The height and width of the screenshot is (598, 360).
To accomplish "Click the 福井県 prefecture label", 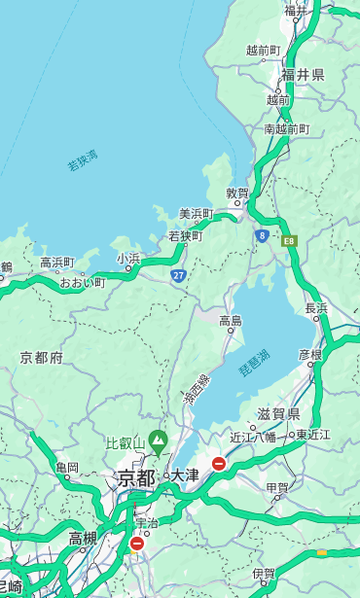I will click(x=303, y=75).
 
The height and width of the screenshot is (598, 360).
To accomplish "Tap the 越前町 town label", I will click(x=263, y=51).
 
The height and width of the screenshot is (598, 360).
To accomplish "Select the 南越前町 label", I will click(x=286, y=128).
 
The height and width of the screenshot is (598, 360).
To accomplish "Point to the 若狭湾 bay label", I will click(x=83, y=160).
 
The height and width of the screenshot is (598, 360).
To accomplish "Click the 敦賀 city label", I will click(x=237, y=193).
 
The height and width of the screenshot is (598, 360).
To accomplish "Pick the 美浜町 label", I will click(x=196, y=214).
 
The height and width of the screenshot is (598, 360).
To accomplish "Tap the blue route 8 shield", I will click(x=262, y=235).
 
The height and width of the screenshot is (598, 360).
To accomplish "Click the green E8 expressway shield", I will click(x=288, y=238).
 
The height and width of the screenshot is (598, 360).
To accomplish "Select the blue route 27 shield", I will click(x=178, y=275).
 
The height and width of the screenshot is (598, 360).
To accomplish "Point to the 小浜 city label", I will click(x=128, y=259).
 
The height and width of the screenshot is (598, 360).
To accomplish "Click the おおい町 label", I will click(x=82, y=283).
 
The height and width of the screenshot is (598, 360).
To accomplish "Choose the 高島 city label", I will click(x=231, y=321).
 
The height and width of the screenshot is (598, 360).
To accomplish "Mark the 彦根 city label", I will click(x=309, y=354).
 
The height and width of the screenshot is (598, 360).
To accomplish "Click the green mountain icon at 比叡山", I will click(x=157, y=443).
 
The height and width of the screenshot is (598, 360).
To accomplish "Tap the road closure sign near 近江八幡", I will click(x=219, y=464).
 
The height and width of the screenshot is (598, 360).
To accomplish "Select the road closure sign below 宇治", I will click(x=136, y=544).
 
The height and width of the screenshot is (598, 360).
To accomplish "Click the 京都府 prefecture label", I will click(x=41, y=358).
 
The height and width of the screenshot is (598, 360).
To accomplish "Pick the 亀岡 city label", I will click(x=67, y=468).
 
